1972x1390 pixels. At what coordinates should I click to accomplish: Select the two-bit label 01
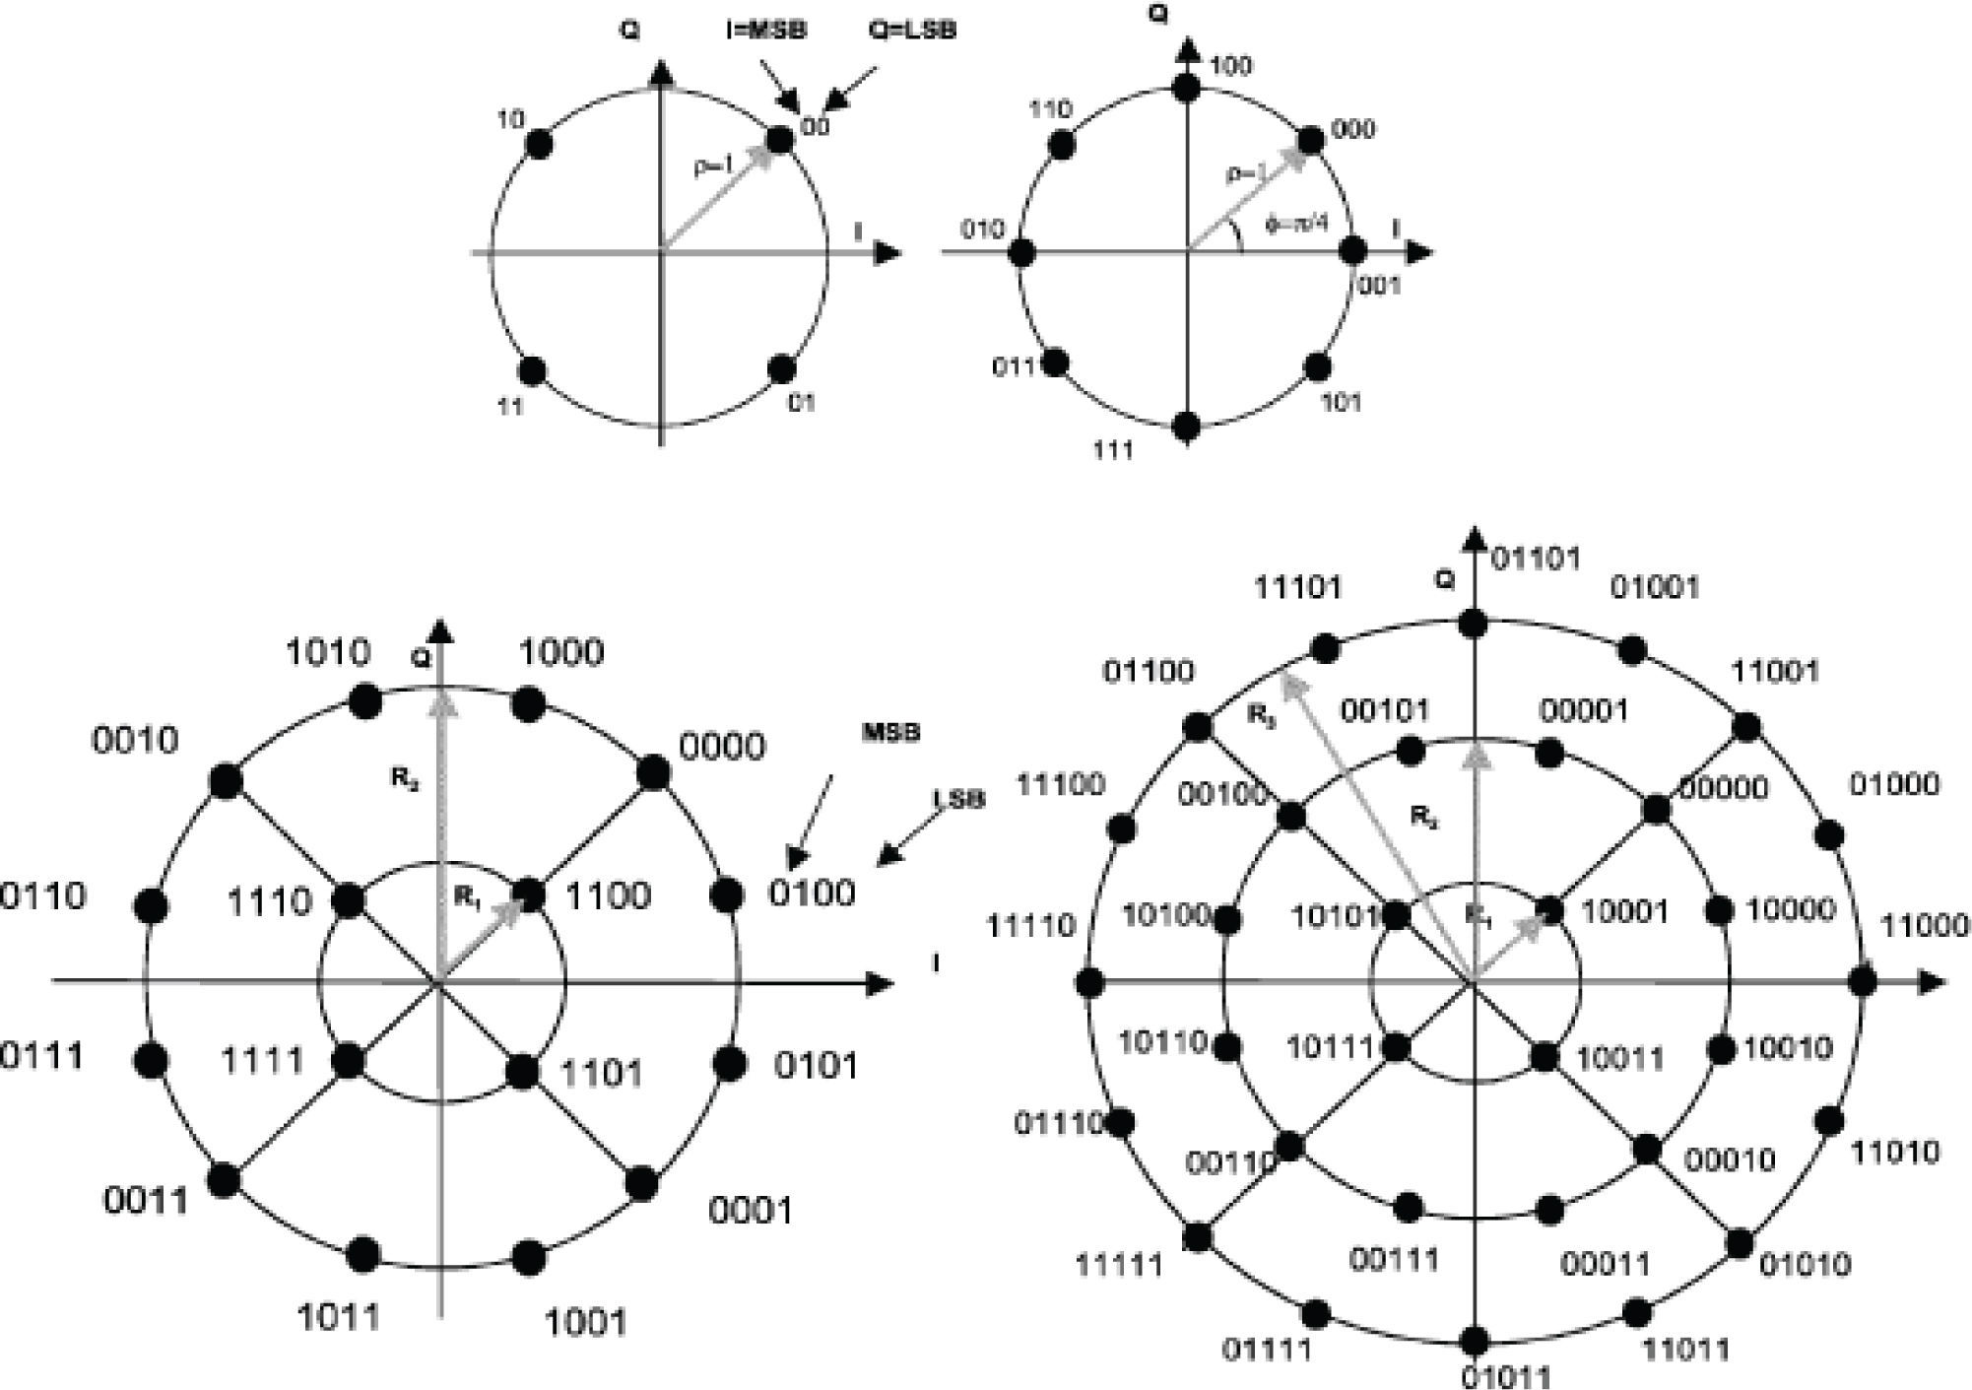pyautogui.click(x=802, y=403)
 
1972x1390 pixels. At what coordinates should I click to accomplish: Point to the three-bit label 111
pyautogui.click(x=1114, y=450)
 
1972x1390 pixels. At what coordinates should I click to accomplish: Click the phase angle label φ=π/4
pyautogui.click(x=1297, y=224)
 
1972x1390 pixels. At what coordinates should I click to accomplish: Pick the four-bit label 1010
pyautogui.click(x=328, y=652)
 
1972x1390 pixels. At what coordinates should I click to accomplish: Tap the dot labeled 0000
pyautogui.click(x=652, y=773)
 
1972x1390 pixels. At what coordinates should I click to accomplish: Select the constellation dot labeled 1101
pyautogui.click(x=522, y=1069)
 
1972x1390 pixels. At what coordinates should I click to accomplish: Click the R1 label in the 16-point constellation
pyautogui.click(x=468, y=896)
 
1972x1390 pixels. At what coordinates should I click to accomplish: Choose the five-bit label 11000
pyautogui.click(x=1925, y=926)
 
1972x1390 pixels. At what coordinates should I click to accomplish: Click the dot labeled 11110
pyautogui.click(x=1089, y=982)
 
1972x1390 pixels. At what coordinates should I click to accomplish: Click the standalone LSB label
pyautogui.click(x=959, y=798)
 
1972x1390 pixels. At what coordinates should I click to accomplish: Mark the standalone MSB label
pyautogui.click(x=890, y=733)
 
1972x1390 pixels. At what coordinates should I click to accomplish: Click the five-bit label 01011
pyautogui.click(x=1505, y=1376)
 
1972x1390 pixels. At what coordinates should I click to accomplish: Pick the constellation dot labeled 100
pyautogui.click(x=1186, y=87)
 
